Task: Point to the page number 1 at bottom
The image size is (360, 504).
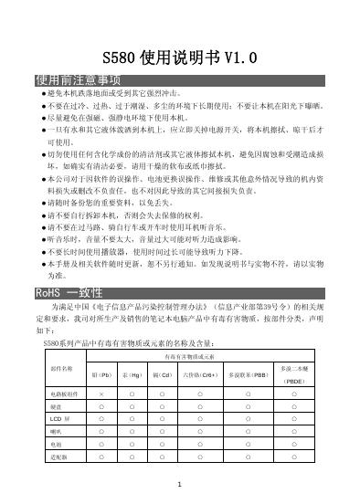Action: pos(181,484)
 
